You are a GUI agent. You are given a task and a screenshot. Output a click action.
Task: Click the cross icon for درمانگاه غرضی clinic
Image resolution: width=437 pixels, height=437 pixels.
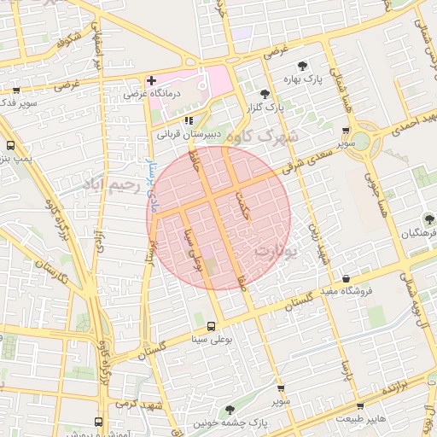pyautogui.click(x=151, y=81)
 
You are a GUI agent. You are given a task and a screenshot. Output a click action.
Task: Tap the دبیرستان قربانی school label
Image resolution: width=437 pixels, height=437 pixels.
pyautogui.click(x=185, y=134)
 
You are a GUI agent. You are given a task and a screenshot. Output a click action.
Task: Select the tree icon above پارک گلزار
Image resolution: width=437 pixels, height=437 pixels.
pyautogui.click(x=265, y=94)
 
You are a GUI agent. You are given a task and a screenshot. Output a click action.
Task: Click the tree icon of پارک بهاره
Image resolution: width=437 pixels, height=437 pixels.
pyautogui.click(x=301, y=66)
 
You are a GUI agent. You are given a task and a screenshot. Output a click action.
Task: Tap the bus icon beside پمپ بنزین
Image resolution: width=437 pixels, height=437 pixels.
pyautogui.click(x=11, y=145)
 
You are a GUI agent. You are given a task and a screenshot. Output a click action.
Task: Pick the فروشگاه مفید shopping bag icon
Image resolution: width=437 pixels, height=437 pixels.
pyautogui.click(x=345, y=278)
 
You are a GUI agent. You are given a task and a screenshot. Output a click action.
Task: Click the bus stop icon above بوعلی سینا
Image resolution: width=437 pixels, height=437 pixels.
pyautogui.click(x=211, y=326)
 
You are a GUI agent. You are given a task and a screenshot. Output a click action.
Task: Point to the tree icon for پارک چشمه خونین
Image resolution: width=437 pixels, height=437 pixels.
pyautogui.click(x=231, y=411)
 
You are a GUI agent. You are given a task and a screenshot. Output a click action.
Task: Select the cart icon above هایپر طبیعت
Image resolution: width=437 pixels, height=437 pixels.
pyautogui.click(x=360, y=406)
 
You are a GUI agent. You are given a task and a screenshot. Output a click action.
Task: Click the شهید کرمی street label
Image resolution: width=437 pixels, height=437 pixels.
pyautogui.click(x=141, y=402)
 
